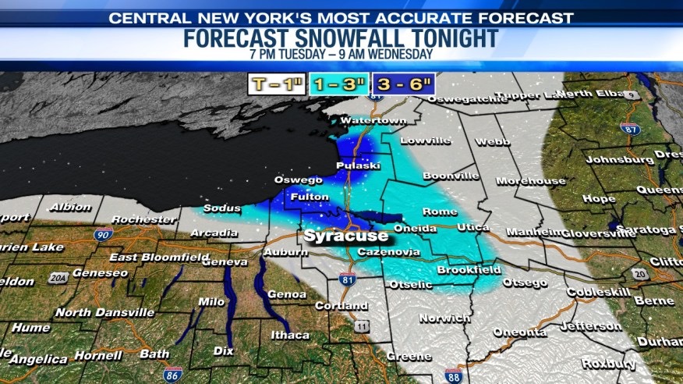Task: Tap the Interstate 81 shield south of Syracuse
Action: point(348,279)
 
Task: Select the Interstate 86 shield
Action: point(174,374)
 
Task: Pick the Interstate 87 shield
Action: point(630,128)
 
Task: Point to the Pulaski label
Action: point(357,166)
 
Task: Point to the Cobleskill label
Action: point(596,291)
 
